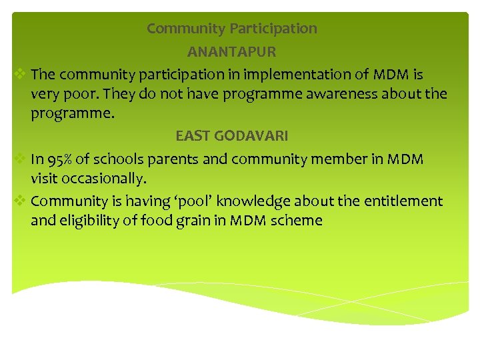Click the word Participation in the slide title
[x=273, y=29]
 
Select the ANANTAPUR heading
[x=231, y=51]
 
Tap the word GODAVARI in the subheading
[x=251, y=136]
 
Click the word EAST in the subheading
[x=193, y=136]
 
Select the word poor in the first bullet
[x=75, y=94]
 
